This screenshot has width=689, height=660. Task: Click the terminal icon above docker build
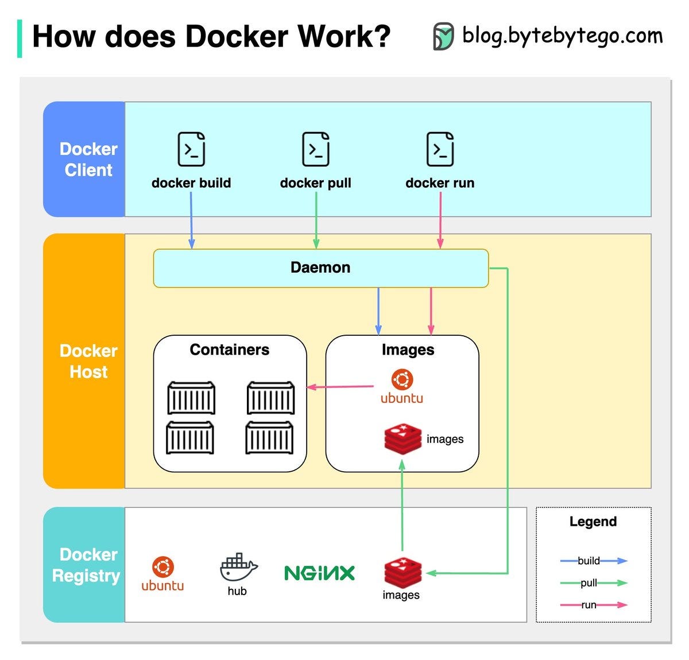pyautogui.click(x=191, y=149)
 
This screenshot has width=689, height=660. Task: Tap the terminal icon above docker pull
pyautogui.click(x=315, y=149)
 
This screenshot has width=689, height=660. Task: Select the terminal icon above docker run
pyautogui.click(x=440, y=149)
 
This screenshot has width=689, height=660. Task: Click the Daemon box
pyautogui.click(x=320, y=268)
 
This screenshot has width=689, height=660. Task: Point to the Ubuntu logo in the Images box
pyautogui.click(x=402, y=386)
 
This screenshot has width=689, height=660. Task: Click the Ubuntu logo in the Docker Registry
pyautogui.click(x=162, y=574)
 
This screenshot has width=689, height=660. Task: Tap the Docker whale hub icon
pyautogui.click(x=238, y=567)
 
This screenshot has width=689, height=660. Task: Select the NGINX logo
pyautogui.click(x=319, y=573)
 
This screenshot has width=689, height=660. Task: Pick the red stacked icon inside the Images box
pyautogui.click(x=402, y=438)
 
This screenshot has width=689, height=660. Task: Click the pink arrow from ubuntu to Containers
pyautogui.click(x=340, y=387)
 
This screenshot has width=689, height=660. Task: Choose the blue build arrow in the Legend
pyautogui.click(x=594, y=561)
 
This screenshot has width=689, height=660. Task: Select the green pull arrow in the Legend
pyautogui.click(x=594, y=583)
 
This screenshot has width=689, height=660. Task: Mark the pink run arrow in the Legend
pyautogui.click(x=594, y=605)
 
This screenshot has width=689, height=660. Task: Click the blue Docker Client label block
pyautogui.click(x=84, y=159)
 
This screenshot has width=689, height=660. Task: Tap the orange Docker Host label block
pyautogui.click(x=84, y=360)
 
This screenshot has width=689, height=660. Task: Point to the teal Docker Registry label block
pyautogui.click(x=84, y=565)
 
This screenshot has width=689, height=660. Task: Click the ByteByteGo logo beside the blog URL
pyautogui.click(x=443, y=36)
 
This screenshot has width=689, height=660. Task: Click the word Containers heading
pyautogui.click(x=230, y=350)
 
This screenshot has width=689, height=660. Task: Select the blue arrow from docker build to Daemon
pyautogui.click(x=191, y=220)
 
